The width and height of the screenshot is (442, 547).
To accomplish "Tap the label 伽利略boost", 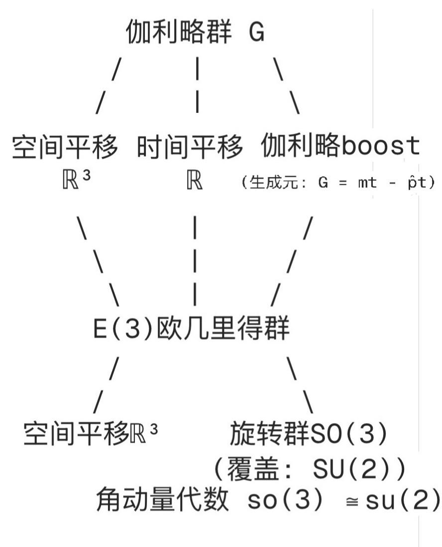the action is pyautogui.click(x=340, y=147).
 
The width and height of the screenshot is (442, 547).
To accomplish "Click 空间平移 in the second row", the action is pyautogui.click(x=65, y=147).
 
